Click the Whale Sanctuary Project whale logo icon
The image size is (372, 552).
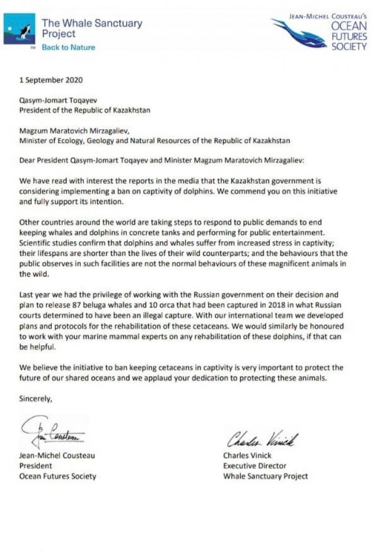pyautogui.click(x=19, y=29)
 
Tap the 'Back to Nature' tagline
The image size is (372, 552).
pyautogui.click(x=68, y=47)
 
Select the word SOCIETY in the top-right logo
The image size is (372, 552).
pyautogui.click(x=349, y=47)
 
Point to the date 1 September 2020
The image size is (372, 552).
pyautogui.click(x=51, y=79)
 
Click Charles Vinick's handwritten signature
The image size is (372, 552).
pyautogui.click(x=261, y=440)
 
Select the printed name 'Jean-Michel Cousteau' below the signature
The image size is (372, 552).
pyautogui.click(x=57, y=455)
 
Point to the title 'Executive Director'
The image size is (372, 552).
pyautogui.click(x=254, y=466)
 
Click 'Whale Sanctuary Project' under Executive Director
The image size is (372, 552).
pyautogui.click(x=265, y=476)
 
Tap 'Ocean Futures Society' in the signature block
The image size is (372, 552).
pyautogui.click(x=57, y=476)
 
